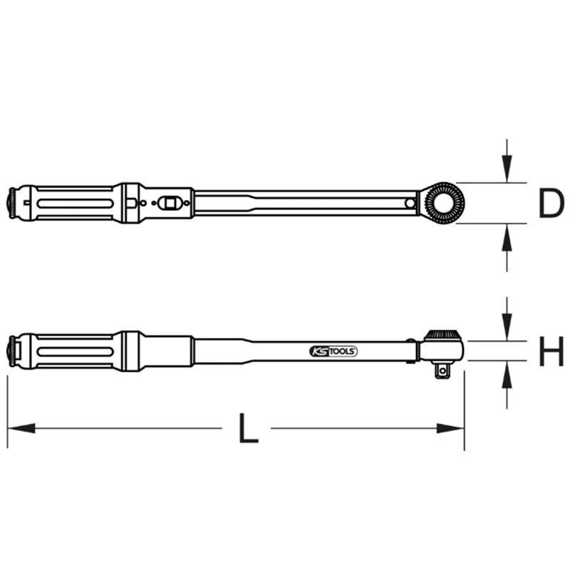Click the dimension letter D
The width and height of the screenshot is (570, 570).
point(551,203)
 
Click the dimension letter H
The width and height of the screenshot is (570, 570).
point(551,351)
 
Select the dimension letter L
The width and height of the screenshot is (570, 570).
point(248,428)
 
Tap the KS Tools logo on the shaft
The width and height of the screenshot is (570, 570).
point(333,351)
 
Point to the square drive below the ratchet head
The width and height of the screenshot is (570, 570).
point(442,370)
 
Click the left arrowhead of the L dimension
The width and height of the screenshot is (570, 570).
point(21,428)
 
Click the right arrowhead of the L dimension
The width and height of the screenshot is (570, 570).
point(450,428)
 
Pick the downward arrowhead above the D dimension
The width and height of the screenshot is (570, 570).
point(507,168)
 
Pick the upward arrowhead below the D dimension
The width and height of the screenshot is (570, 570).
point(507,237)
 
